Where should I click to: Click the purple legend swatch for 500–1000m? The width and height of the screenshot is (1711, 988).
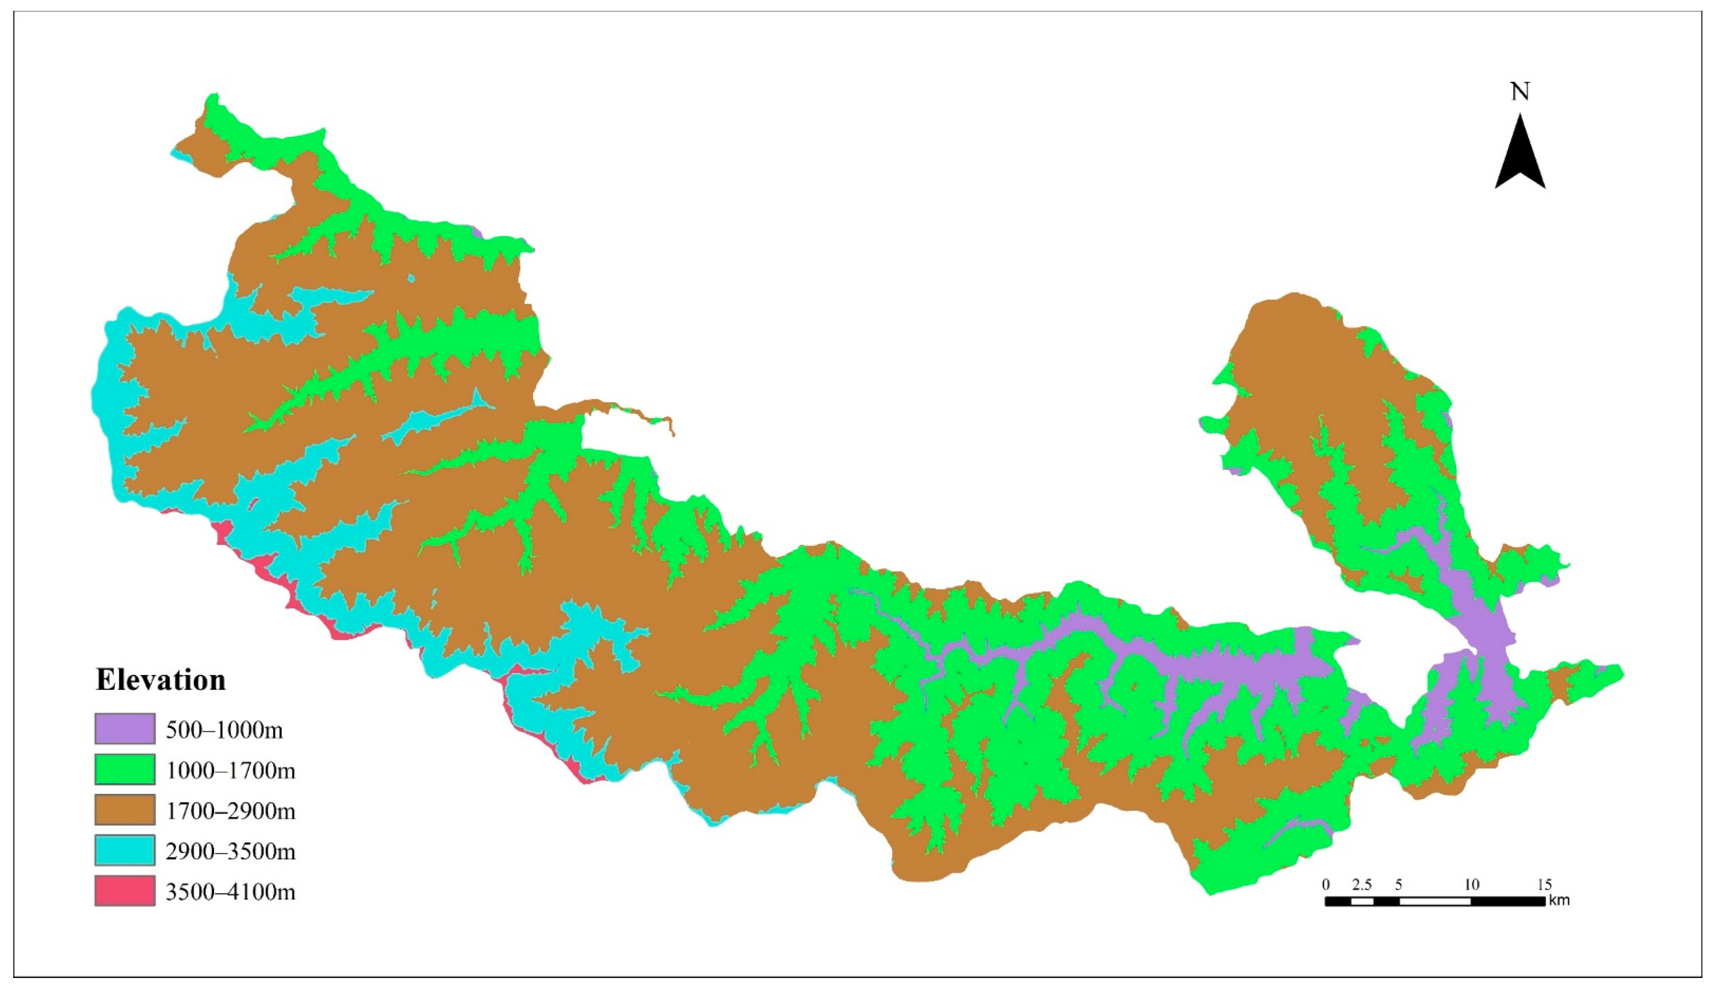coord(125,729)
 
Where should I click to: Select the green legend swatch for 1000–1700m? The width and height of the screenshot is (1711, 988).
coord(125,769)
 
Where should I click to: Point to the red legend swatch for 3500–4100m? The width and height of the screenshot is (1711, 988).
coord(125,890)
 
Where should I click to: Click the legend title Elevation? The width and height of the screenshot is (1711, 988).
coord(161,680)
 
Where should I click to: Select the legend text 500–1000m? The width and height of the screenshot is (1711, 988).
coord(224,730)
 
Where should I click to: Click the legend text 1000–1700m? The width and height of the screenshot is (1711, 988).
coord(230,771)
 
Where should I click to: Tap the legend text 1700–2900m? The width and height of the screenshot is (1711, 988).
coord(230,811)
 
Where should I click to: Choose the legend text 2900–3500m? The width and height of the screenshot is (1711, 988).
coord(230,851)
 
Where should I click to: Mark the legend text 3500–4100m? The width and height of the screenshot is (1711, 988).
coord(230,892)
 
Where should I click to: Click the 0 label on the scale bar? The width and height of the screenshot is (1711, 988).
coord(1326,885)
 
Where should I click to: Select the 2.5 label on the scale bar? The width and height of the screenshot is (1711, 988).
coord(1361,885)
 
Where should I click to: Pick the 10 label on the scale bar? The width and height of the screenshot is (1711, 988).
coord(1471,885)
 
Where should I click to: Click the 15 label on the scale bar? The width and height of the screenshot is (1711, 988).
coord(1545,885)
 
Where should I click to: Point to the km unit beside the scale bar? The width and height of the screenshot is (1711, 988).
coord(1559,901)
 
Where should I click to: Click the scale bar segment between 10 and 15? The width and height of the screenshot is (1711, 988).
coord(1508,901)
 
